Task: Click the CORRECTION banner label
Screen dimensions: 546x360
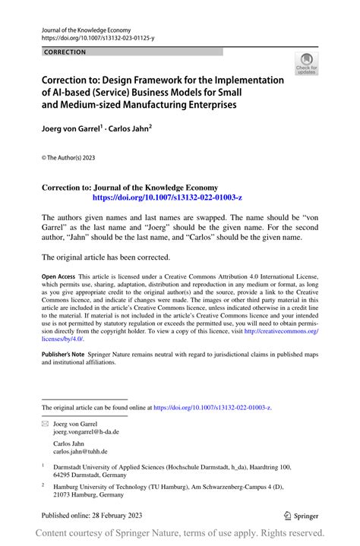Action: click(65, 52)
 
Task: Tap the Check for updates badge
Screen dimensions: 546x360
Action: click(306, 65)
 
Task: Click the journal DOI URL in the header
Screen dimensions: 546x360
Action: click(96, 36)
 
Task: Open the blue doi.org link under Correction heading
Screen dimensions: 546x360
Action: click(167, 197)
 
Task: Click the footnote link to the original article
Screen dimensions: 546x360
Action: click(213, 408)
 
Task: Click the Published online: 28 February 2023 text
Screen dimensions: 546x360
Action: click(93, 515)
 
